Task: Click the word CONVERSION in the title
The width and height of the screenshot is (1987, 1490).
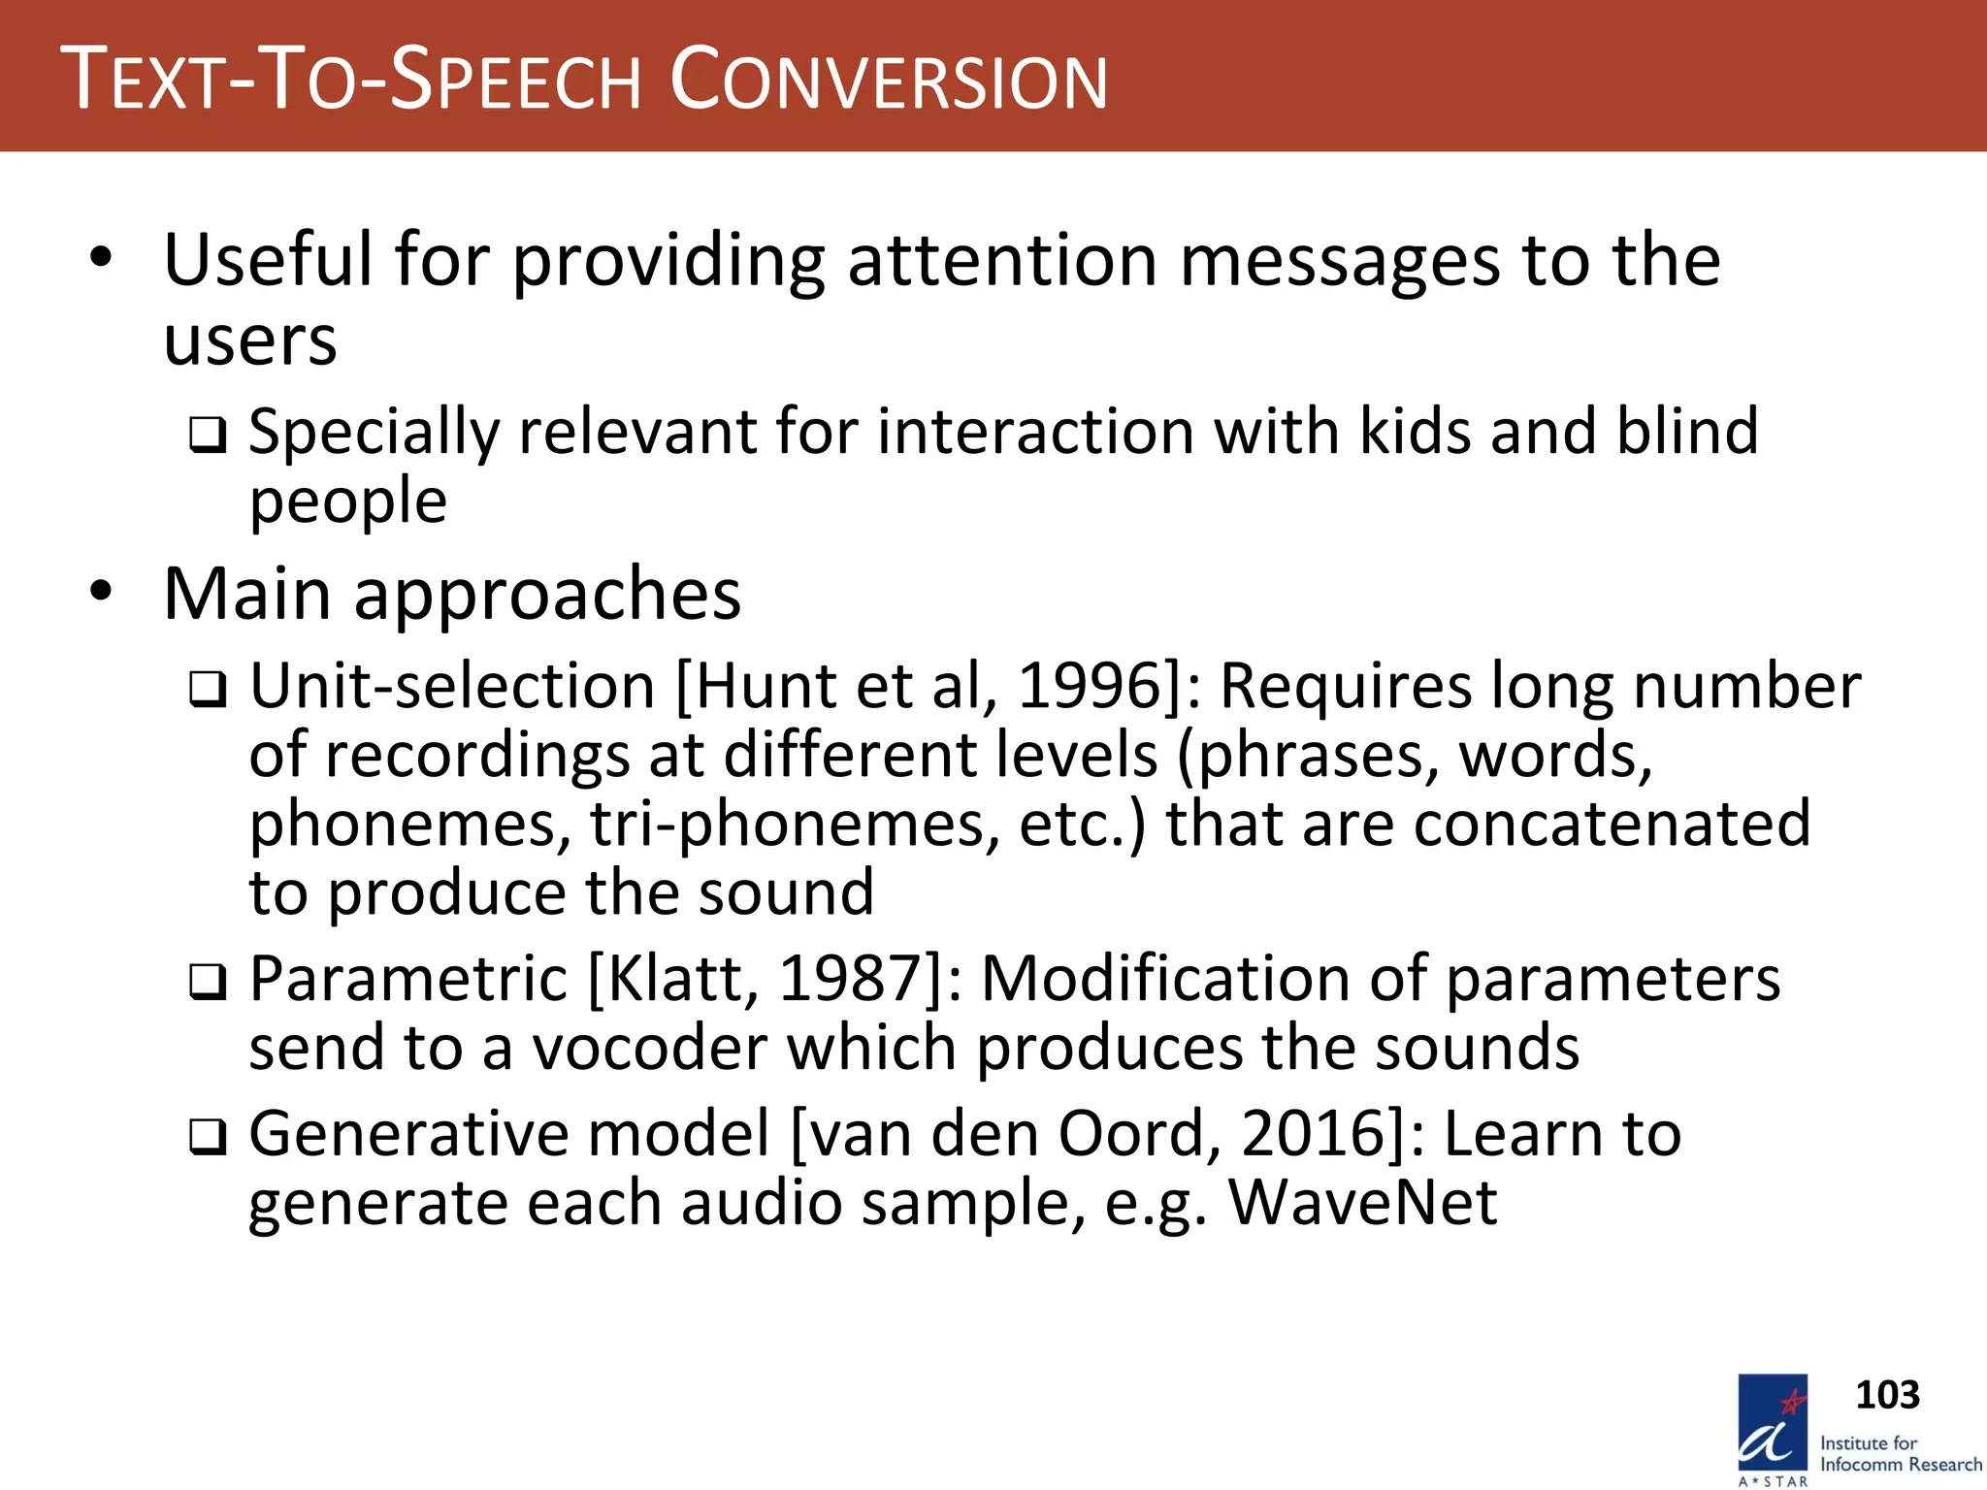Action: tap(889, 80)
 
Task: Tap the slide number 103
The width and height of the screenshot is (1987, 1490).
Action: tap(1887, 1395)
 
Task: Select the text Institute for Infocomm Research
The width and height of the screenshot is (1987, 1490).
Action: tap(1900, 1453)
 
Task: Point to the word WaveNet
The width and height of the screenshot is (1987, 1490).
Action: tap(1363, 1202)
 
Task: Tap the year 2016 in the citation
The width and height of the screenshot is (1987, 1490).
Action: tap(1314, 1133)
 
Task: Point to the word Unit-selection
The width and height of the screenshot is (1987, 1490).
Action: tap(452, 686)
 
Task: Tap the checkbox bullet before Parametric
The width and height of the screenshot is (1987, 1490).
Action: tap(208, 983)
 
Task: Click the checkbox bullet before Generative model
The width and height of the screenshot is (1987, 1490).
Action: tap(208, 1137)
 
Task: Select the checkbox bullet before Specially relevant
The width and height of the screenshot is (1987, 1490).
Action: tap(208, 435)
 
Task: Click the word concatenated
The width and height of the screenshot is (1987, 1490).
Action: tap(1612, 825)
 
